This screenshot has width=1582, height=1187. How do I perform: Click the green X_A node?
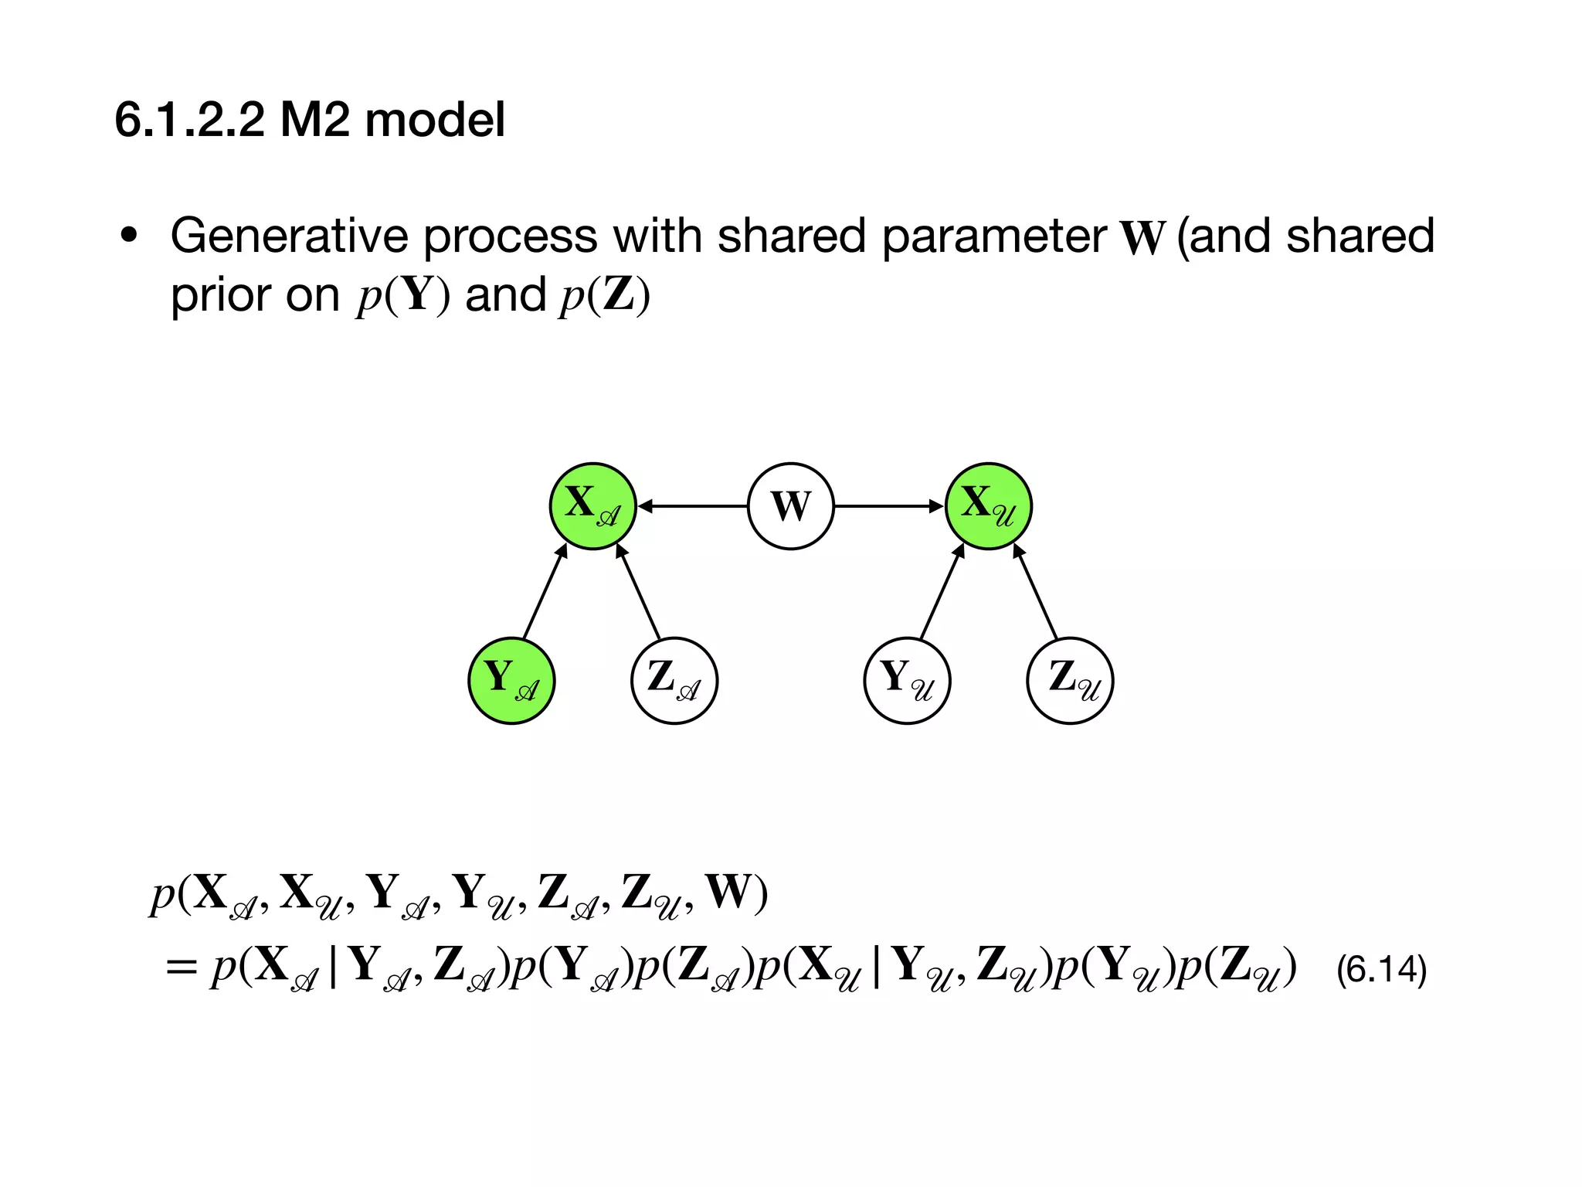592,506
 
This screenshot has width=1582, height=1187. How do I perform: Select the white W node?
791,506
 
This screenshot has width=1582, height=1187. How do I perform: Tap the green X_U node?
989,506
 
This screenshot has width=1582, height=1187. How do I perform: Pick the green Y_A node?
511,680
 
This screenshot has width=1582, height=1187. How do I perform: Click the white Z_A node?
674,680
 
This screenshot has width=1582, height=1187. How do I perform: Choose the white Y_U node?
907,680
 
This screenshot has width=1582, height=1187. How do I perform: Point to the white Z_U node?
1070,680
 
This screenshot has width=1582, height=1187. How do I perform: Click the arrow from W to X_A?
693,506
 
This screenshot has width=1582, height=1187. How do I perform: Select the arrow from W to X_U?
889,506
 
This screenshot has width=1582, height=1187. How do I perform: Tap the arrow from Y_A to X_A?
545,592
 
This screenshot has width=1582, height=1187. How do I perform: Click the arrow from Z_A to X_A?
639,592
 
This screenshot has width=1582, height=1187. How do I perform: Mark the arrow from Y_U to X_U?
942,592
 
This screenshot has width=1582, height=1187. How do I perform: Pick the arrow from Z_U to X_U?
1035,592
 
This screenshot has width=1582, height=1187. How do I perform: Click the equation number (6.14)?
1381,969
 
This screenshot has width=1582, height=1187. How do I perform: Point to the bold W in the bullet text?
1142,238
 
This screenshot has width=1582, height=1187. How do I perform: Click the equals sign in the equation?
182,968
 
